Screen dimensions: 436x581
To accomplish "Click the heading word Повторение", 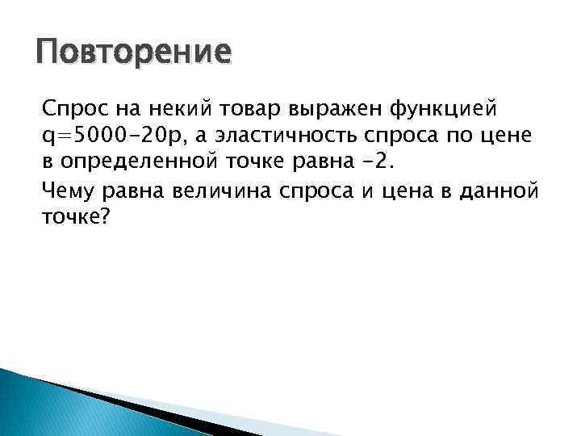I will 134,54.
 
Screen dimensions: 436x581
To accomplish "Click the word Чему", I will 67,191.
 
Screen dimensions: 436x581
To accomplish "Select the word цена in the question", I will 399,191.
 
